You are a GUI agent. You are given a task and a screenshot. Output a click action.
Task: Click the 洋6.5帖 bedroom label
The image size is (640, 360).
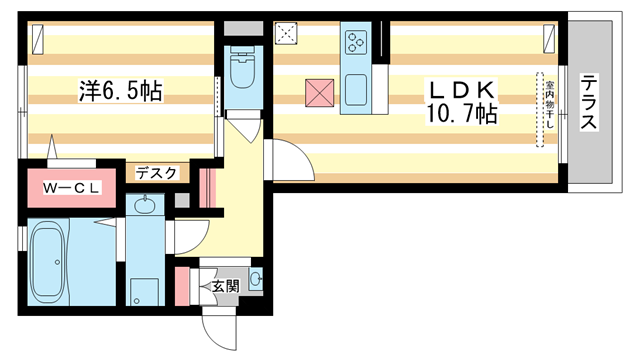[x=121, y=92]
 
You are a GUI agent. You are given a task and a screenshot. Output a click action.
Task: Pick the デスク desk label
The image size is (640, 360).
[x=156, y=173]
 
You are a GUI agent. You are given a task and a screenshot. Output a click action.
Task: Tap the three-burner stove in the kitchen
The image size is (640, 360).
[x=357, y=42]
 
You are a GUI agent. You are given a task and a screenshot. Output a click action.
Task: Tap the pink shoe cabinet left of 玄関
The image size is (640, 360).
[x=183, y=284]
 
